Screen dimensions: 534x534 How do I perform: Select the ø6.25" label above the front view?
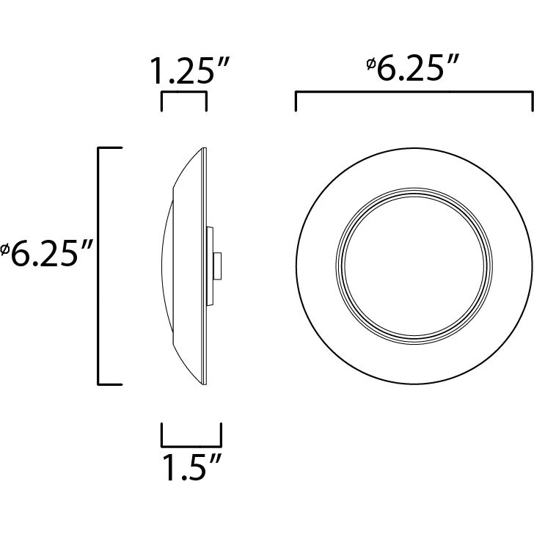click(x=415, y=70)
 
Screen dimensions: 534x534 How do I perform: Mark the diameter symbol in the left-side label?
click(x=4, y=252)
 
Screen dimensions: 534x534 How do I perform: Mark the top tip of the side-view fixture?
click(x=202, y=149)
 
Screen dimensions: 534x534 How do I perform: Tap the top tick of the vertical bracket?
click(x=110, y=148)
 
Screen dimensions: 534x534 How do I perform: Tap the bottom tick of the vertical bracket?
click(x=110, y=384)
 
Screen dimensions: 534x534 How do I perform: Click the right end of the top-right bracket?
click(x=531, y=102)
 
